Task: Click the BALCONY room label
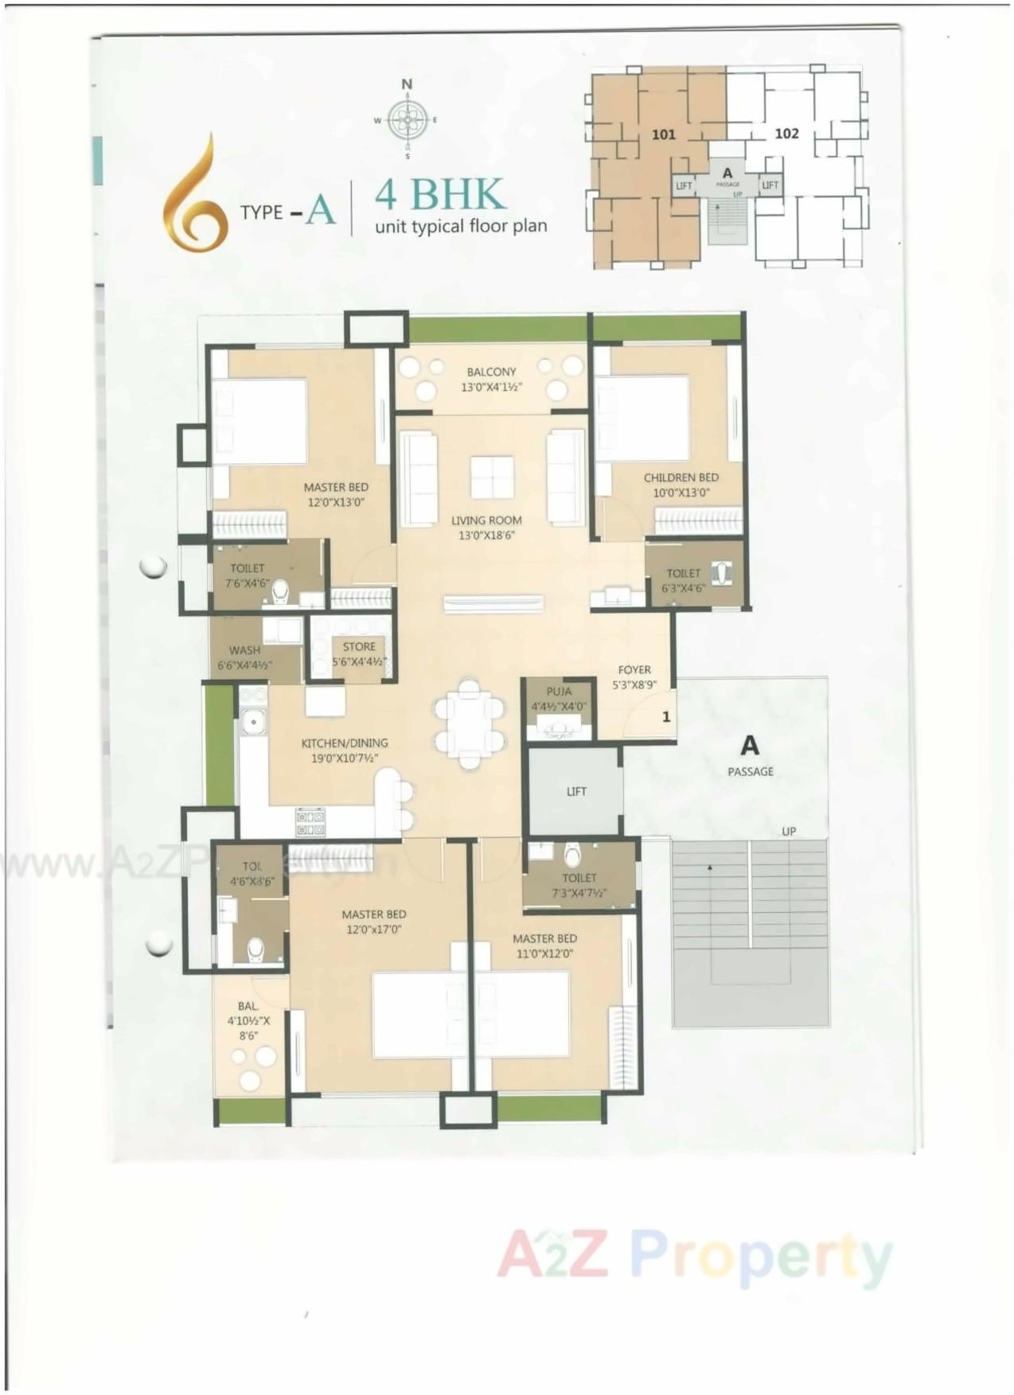tap(491, 372)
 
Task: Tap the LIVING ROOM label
tap(486, 520)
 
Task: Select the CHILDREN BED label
tap(681, 477)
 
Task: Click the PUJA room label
tap(559, 692)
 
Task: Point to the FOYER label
tap(634, 670)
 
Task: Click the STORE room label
tap(359, 647)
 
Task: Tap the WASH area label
tap(244, 650)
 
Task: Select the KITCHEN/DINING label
tap(344, 743)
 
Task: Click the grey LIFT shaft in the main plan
tap(575, 792)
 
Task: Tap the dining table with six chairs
tap(470, 723)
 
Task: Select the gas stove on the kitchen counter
tap(310, 822)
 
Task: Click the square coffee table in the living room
tap(491, 477)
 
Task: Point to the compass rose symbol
tap(407, 120)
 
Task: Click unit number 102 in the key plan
tap(786, 134)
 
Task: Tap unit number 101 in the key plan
tap(663, 134)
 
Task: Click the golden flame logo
tap(193, 195)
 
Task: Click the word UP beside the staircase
tap(788, 832)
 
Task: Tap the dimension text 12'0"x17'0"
tap(373, 929)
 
